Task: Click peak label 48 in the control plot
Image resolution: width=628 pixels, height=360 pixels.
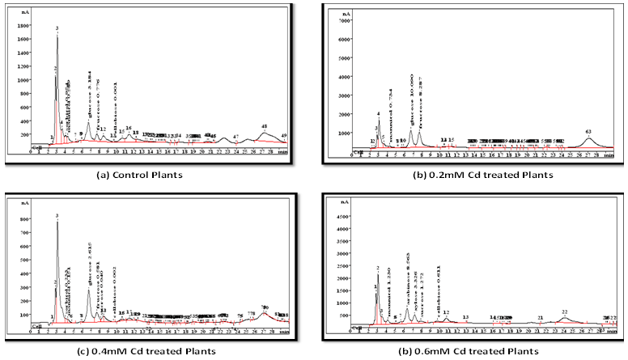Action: click(x=265, y=127)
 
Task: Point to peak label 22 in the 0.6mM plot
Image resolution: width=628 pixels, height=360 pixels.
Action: click(x=565, y=311)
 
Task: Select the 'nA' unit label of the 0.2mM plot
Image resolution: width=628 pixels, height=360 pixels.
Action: click(x=345, y=14)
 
